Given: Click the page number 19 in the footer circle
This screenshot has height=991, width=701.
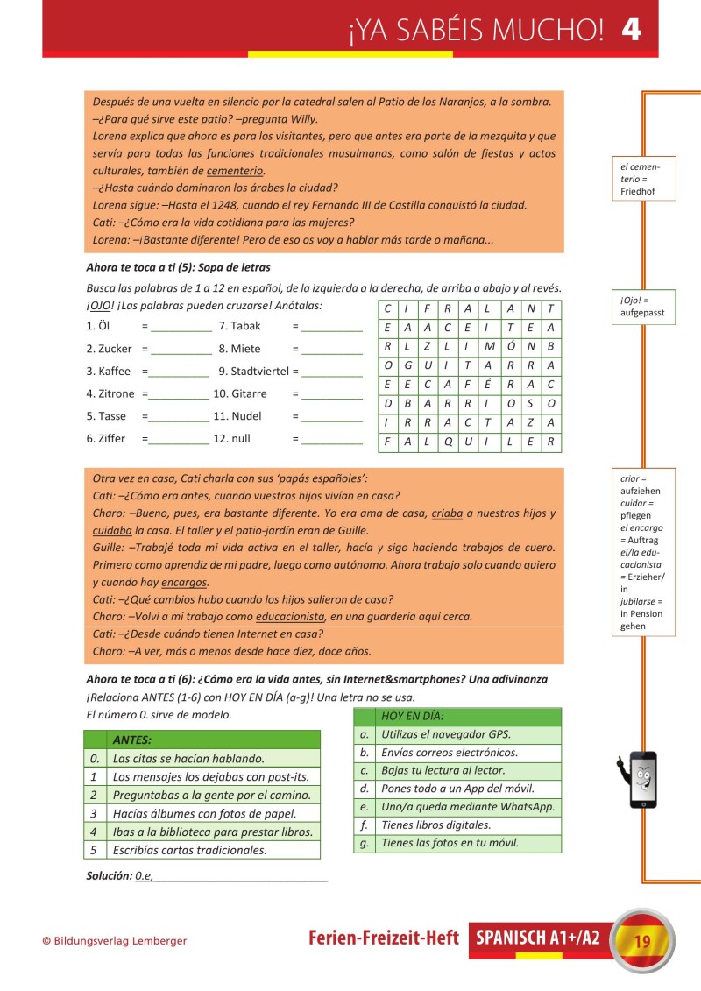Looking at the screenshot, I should pyautogui.click(x=641, y=942).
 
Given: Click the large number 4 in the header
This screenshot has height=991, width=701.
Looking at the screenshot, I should pyautogui.click(x=631, y=29).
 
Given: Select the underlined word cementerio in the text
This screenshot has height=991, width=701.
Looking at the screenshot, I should pyautogui.click(x=235, y=171).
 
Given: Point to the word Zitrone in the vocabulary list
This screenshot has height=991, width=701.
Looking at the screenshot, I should pyautogui.click(x=117, y=393).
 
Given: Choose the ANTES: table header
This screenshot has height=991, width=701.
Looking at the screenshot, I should pyautogui.click(x=132, y=740).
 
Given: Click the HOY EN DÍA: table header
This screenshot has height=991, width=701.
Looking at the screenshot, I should pyautogui.click(x=410, y=717).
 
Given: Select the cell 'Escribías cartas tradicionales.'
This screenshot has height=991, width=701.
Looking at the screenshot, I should pyautogui.click(x=189, y=850).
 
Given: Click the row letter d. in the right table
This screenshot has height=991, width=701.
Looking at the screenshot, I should pyautogui.click(x=364, y=789).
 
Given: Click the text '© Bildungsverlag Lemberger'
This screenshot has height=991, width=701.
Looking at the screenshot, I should pyautogui.click(x=115, y=941).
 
